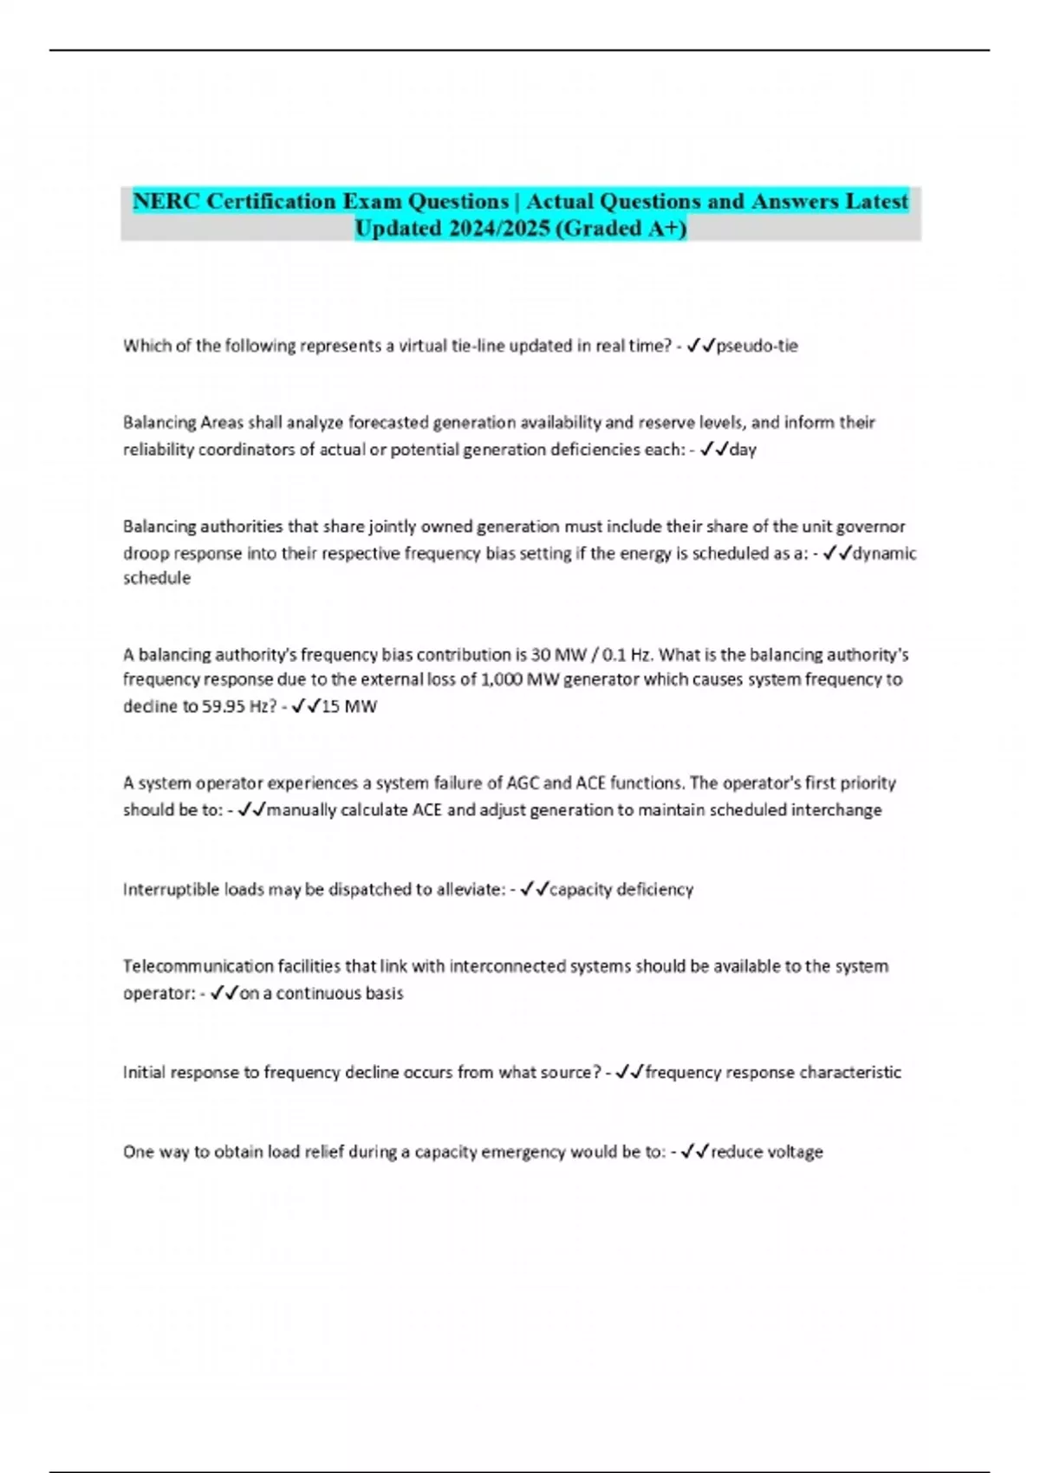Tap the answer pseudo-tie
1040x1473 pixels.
tap(757, 346)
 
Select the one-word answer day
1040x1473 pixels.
tap(743, 450)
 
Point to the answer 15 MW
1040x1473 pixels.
tap(348, 706)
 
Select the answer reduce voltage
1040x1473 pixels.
tap(766, 1152)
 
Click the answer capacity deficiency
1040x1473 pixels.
tap(621, 889)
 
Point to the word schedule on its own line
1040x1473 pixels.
tap(157, 578)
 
